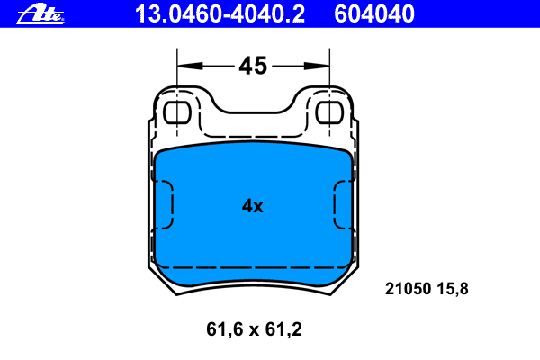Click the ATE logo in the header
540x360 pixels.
click(x=40, y=13)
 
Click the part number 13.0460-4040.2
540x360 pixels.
click(x=220, y=14)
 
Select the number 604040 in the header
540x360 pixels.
click(x=374, y=14)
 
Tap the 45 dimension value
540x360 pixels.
click(x=253, y=66)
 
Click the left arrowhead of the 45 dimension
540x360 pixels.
click(x=190, y=66)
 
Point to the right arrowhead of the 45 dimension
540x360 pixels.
click(x=317, y=66)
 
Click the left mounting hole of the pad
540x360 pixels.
click(x=177, y=112)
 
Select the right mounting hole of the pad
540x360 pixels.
click(x=329, y=112)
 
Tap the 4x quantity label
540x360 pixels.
click(x=252, y=206)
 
